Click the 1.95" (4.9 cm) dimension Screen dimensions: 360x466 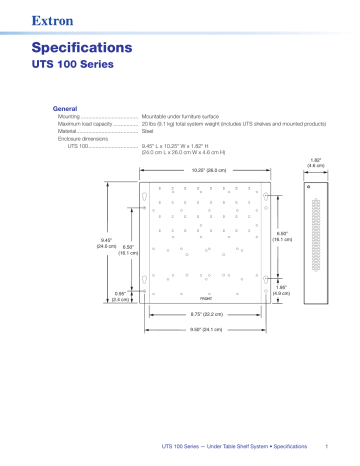tap(281, 290)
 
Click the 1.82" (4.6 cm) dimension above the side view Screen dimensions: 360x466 tap(315, 163)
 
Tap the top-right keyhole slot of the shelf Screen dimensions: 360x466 tap(267, 195)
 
